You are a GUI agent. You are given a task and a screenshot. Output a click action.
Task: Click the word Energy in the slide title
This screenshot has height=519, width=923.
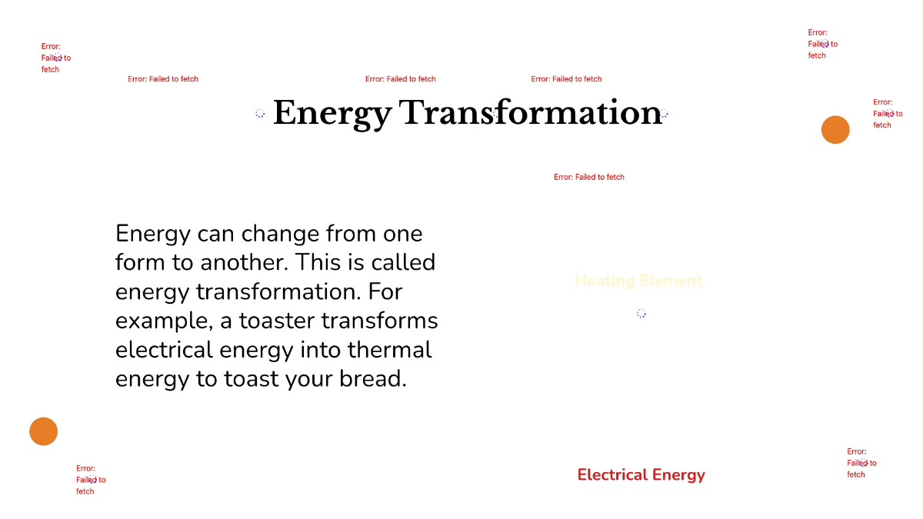[x=332, y=114]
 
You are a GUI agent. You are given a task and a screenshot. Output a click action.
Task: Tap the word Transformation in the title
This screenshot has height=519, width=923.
[x=530, y=113]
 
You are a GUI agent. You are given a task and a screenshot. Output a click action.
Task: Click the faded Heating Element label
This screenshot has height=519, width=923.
[x=638, y=281]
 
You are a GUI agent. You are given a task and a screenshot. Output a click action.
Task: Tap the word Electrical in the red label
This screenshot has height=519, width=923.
[x=612, y=475]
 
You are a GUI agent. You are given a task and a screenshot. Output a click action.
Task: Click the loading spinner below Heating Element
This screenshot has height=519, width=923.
[x=641, y=313]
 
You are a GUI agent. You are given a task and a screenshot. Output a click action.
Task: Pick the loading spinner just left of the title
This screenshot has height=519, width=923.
[x=260, y=113]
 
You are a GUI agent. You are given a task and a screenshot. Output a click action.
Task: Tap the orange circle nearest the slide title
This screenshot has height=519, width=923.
[x=835, y=130]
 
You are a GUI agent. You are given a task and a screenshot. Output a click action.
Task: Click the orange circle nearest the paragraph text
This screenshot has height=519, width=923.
[x=44, y=431]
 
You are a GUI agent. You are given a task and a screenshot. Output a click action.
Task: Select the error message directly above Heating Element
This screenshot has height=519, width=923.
[x=589, y=177]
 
